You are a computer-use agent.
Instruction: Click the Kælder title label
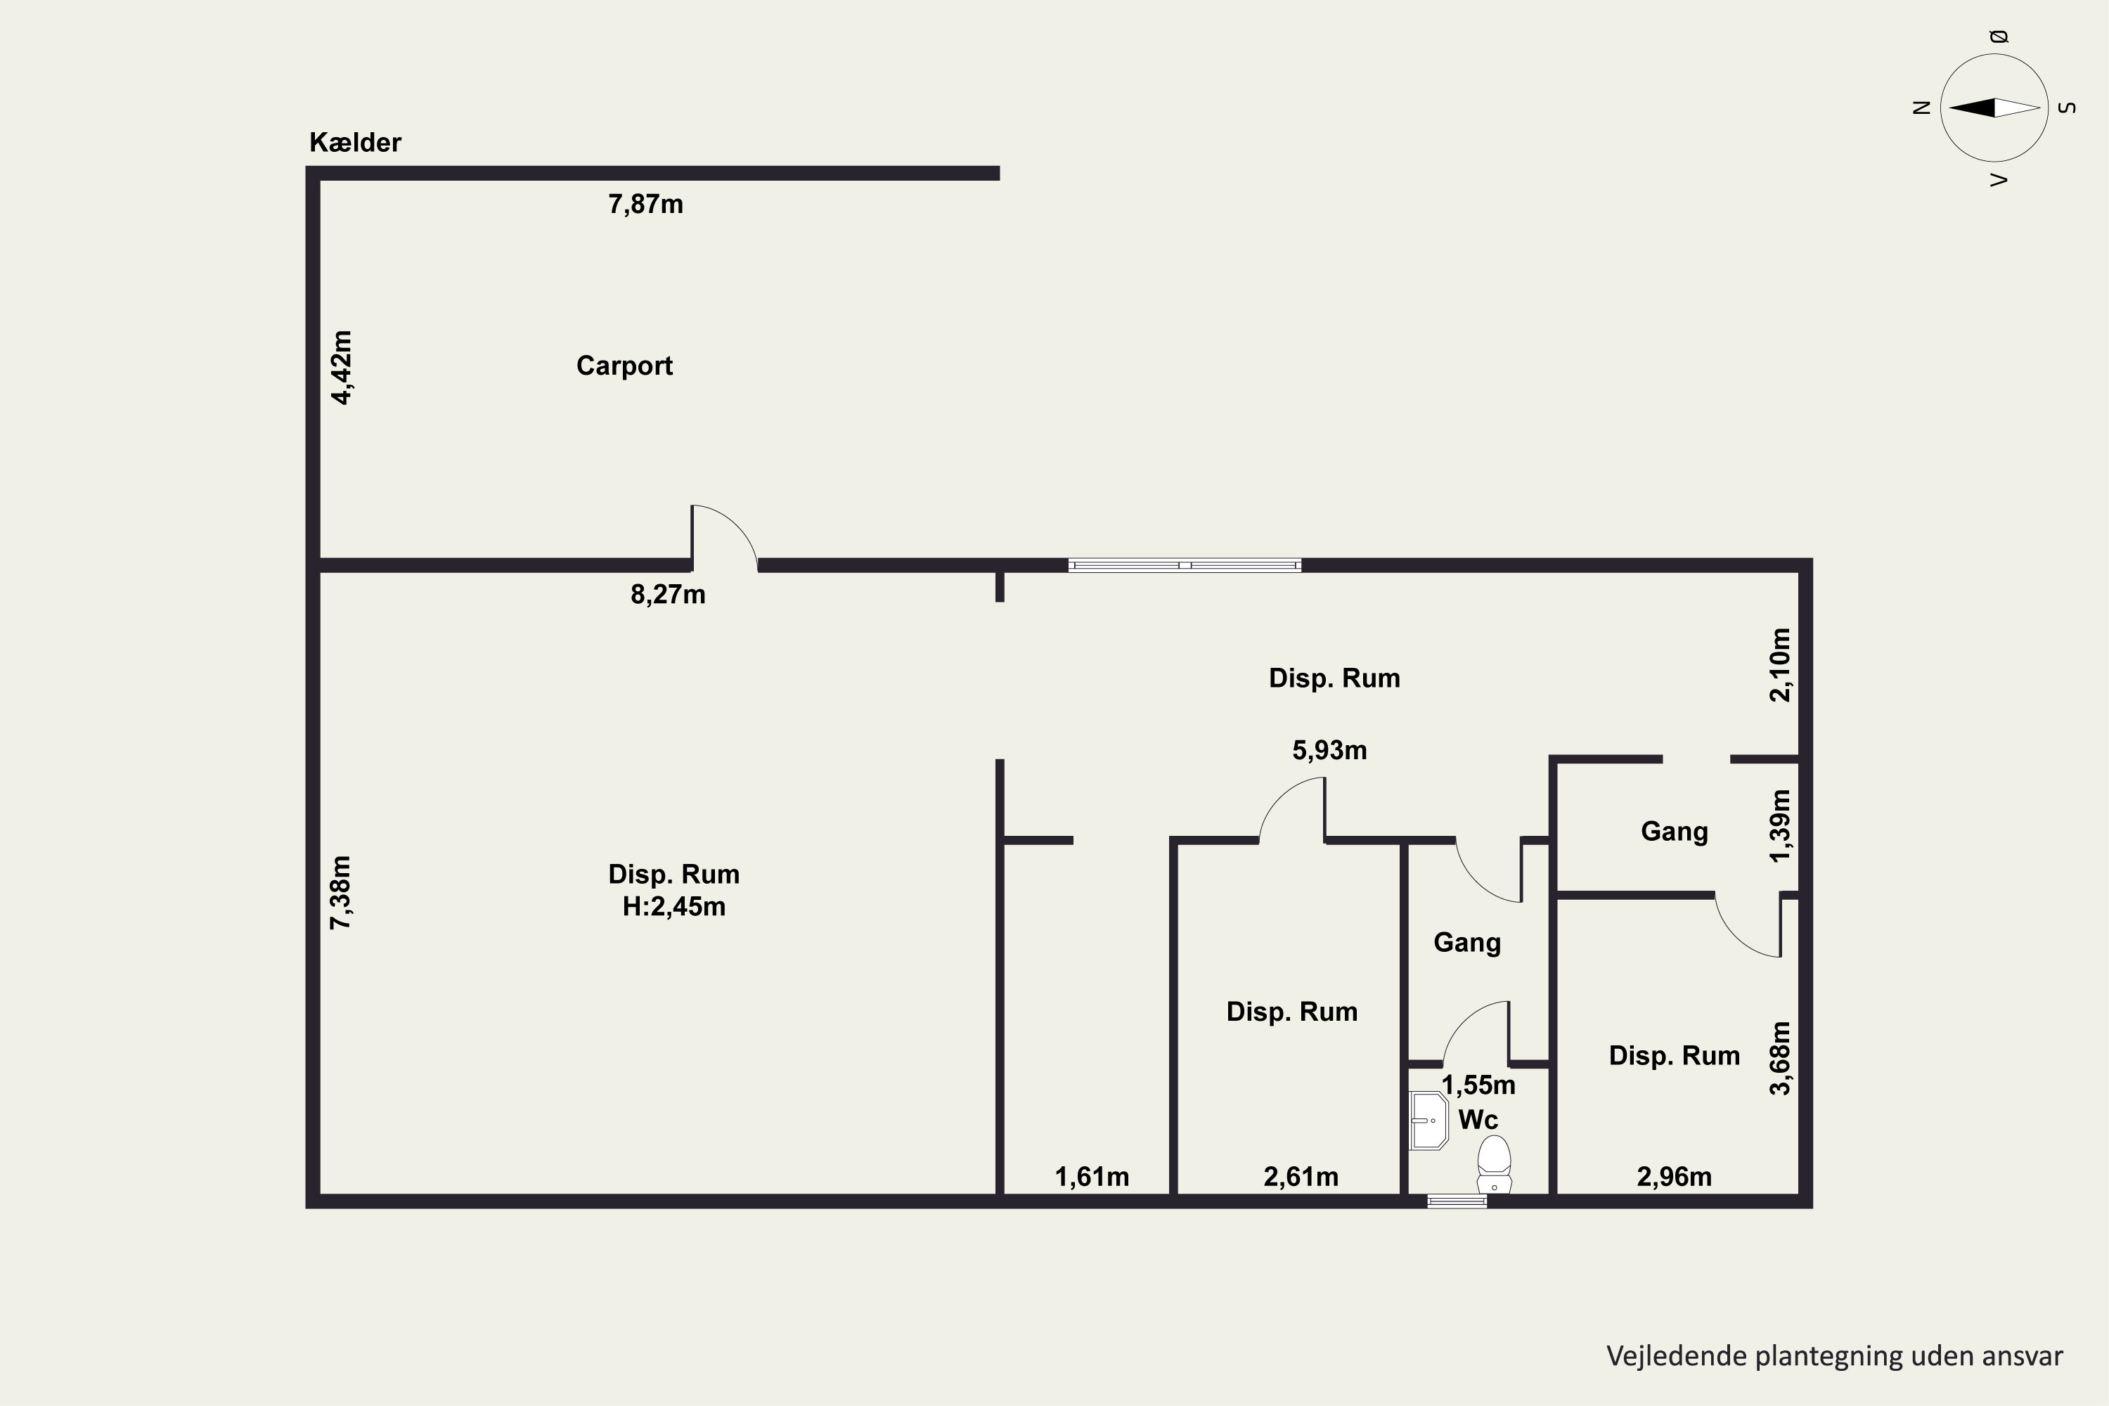355,142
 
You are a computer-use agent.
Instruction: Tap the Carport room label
624,366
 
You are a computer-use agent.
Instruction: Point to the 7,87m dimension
645,205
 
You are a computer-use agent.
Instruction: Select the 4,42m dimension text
342,368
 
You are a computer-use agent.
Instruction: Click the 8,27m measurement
668,595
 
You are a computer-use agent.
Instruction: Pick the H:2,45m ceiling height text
674,907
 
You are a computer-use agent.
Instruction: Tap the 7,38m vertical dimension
342,892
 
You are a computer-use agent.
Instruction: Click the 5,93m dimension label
1330,751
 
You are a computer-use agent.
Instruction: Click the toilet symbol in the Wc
1494,1165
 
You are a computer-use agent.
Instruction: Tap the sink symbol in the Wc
1429,1120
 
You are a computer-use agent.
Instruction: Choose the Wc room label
1478,1120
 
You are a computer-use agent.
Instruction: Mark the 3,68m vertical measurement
1780,1058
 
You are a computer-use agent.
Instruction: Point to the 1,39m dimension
1780,826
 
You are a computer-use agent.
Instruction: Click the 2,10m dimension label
1780,664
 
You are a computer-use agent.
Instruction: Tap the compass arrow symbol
1994,108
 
